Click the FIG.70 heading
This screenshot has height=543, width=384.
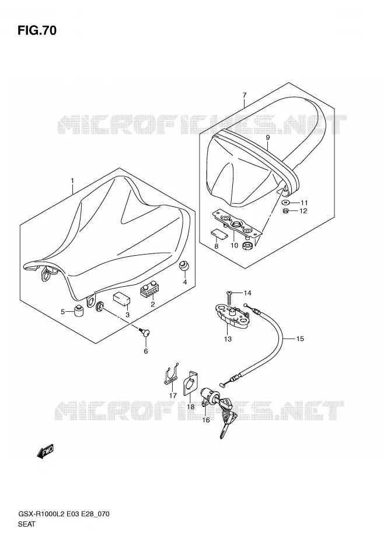37,31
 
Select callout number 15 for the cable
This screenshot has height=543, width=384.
300,338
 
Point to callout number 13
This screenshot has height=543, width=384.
228,339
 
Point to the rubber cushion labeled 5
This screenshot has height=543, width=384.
79,310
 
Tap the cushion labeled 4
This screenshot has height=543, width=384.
183,267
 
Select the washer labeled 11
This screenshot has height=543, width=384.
285,202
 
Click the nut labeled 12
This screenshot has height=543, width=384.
285,211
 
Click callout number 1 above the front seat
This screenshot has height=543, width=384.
72,181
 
